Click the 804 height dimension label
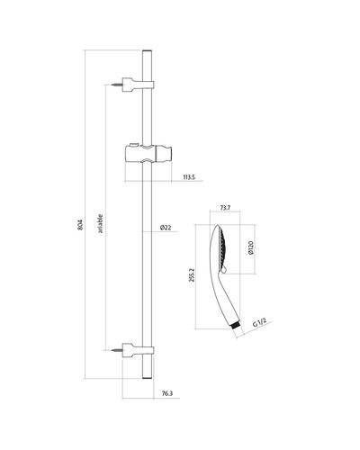click(80, 225)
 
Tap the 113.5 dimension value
click(189, 177)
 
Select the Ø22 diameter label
click(166, 228)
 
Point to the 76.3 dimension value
click(167, 393)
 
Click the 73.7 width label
click(225, 208)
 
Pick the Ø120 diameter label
click(251, 247)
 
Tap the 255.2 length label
click(193, 274)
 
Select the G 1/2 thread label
click(259, 323)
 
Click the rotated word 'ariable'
click(100, 224)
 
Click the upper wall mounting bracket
click(138, 85)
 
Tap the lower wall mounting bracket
click(138, 350)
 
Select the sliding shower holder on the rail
click(148, 154)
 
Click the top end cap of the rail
click(147, 50)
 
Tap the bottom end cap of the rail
click(147, 378)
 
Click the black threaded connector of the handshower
click(237, 326)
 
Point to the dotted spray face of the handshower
click(224, 248)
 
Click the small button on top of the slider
click(133, 145)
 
